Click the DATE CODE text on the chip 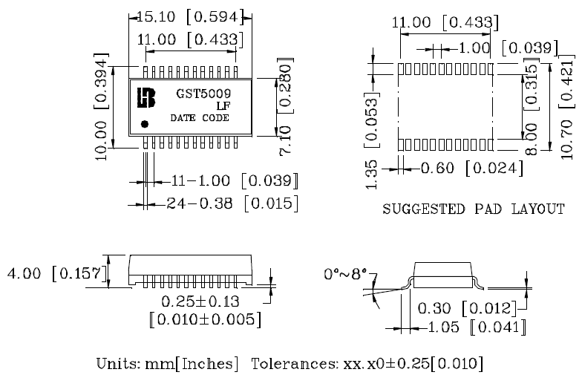pyautogui.click(x=200, y=118)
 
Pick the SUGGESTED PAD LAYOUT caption pyautogui.click(x=473, y=209)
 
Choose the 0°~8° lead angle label pyautogui.click(x=347, y=275)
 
